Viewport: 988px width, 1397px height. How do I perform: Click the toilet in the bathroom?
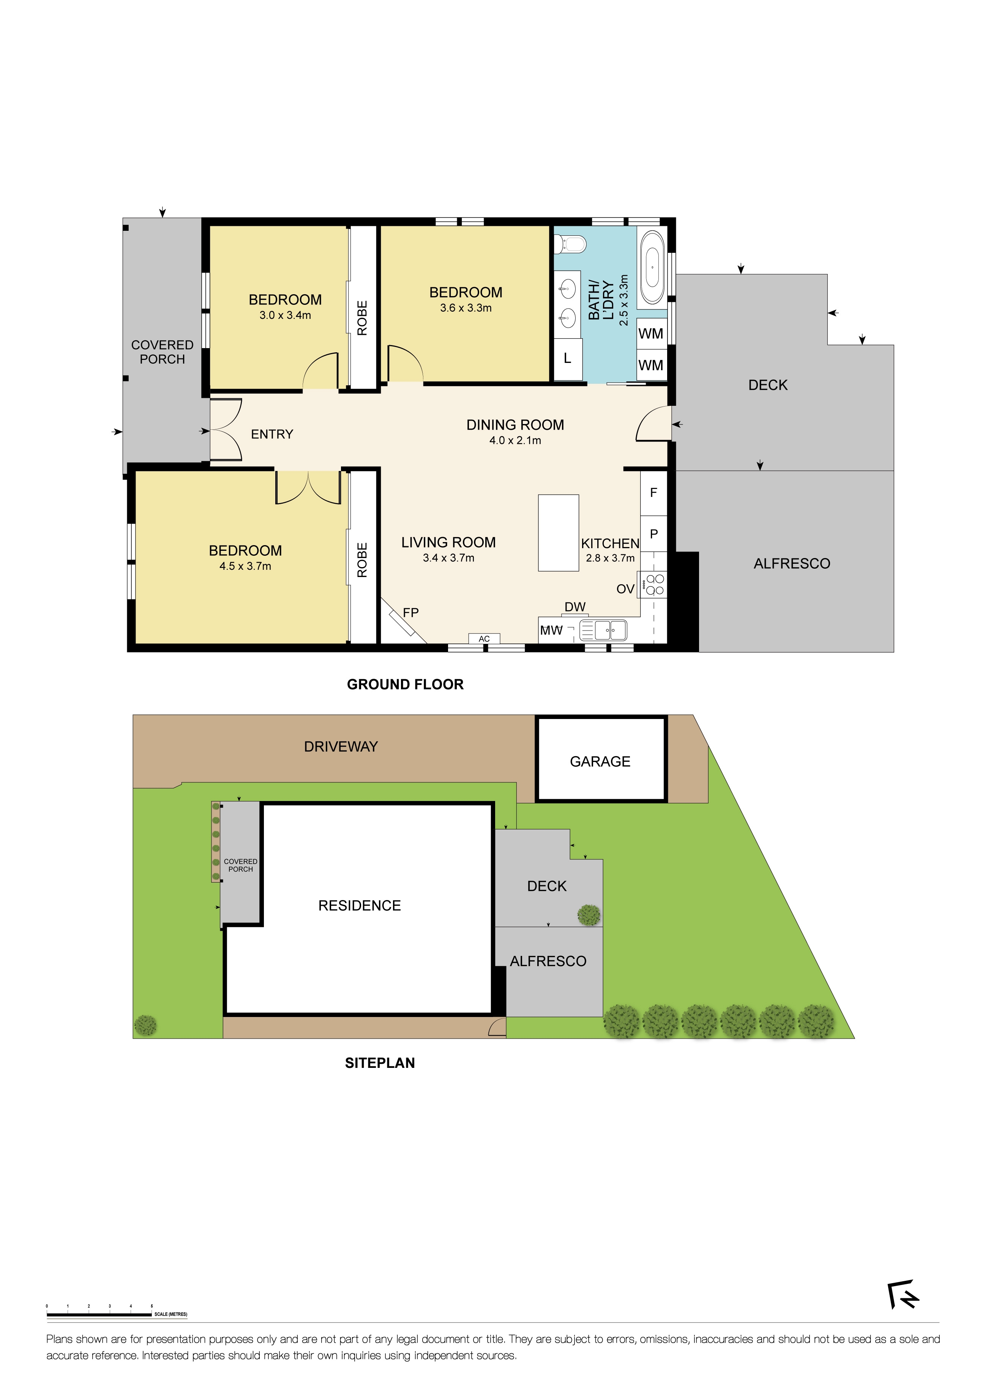pos(570,244)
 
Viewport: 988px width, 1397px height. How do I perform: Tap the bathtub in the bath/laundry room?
pos(652,267)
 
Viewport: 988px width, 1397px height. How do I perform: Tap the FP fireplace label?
pos(411,612)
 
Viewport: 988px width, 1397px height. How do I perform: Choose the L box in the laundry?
pos(567,358)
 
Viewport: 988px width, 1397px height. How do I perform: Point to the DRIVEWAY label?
pos(341,747)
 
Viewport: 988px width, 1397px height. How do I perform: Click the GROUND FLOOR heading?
pos(405,684)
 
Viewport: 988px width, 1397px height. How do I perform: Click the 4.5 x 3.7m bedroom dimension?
pos(245,566)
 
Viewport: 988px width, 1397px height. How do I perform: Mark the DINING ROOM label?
pos(515,425)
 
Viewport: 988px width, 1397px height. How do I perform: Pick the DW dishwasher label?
pos(574,607)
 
